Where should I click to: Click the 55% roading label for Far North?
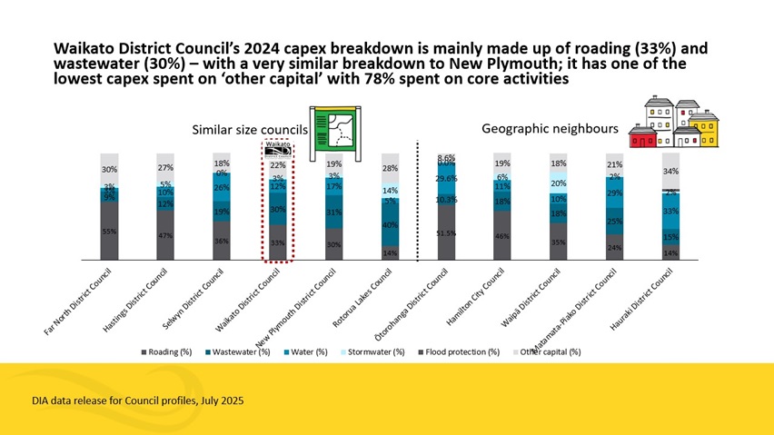tap(109, 231)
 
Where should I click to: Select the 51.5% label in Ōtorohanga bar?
tap(446, 233)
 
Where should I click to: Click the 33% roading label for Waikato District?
tap(278, 242)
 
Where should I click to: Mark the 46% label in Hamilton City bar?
tap(502, 236)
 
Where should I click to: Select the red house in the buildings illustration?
tap(643, 138)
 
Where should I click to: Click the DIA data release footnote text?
tap(136, 400)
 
